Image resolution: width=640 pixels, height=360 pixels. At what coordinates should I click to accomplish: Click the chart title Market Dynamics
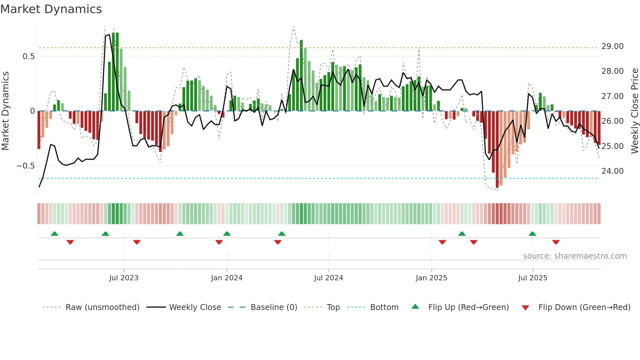[x=51, y=9]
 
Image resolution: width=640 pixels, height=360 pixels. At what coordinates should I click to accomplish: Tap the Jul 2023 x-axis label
[x=124, y=278]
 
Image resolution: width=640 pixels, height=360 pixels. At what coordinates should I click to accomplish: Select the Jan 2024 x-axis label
[x=227, y=278]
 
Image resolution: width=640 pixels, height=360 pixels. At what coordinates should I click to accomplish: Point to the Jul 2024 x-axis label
[x=328, y=278]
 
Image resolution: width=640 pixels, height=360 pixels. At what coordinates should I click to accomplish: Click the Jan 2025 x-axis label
[x=431, y=278]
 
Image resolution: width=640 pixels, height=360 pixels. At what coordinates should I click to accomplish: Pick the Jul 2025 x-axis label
[x=533, y=278]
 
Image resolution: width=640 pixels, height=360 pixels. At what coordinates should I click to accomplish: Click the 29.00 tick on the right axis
[x=613, y=46]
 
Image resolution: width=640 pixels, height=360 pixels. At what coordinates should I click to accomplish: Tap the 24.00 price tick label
[x=613, y=171]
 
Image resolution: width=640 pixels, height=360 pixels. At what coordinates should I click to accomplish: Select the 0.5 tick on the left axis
[x=28, y=57]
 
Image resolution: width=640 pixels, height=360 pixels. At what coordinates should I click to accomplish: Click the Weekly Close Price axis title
[x=634, y=111]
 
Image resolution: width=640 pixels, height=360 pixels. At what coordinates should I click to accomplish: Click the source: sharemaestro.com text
[x=575, y=256]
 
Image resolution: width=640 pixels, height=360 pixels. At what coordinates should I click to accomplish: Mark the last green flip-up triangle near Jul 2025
[x=532, y=234]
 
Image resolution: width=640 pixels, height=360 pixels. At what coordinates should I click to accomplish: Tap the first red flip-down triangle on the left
[x=70, y=242]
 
